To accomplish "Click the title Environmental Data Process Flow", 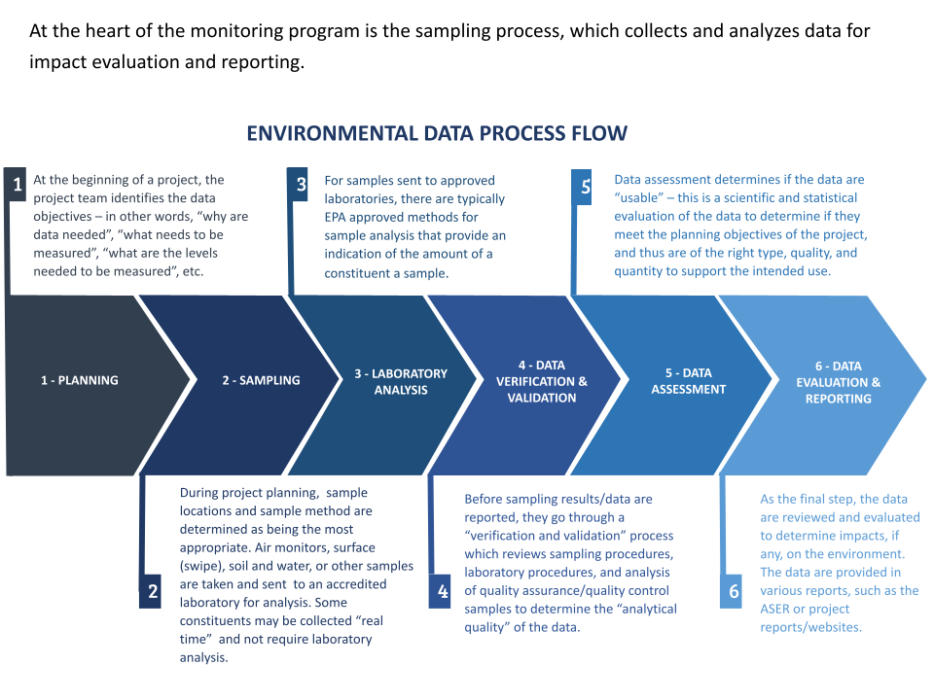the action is (437, 133).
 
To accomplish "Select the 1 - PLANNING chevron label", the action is (79, 380).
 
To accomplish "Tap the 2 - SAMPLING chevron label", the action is (261, 380).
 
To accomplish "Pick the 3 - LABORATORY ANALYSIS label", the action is (401, 381).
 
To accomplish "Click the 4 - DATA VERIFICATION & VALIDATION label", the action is (542, 381).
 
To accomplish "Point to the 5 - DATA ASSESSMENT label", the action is (689, 381).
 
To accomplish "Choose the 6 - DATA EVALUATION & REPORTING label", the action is (838, 382).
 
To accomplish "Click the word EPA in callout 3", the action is (335, 217).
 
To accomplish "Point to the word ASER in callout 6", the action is (774, 609).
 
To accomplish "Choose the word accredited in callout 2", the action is (356, 584).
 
